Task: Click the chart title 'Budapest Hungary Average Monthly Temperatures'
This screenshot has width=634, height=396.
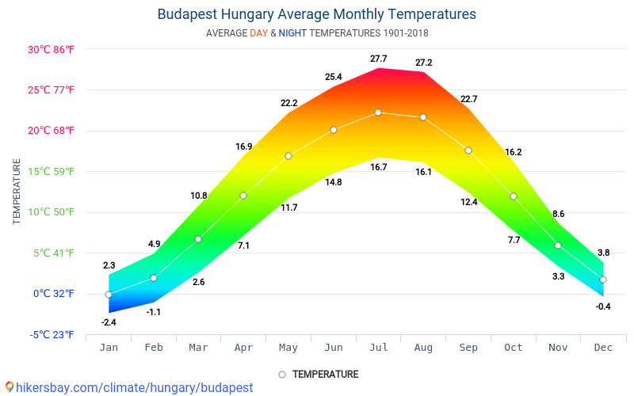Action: (x=317, y=14)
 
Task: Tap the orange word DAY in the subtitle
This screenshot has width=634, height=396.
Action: (x=258, y=33)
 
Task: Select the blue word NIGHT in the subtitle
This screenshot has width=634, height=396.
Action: (x=292, y=33)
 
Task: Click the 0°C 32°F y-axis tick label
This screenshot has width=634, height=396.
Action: (x=54, y=294)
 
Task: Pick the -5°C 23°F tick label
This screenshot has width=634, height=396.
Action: (x=52, y=334)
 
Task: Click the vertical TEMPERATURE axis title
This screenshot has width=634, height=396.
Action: (x=17, y=191)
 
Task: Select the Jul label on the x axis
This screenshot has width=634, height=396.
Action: (x=378, y=348)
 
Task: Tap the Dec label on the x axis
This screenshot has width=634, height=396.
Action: (x=603, y=348)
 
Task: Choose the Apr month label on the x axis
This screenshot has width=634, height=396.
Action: (x=243, y=348)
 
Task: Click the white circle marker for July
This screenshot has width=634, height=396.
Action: (x=378, y=112)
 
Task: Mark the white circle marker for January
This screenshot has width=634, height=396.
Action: (x=109, y=295)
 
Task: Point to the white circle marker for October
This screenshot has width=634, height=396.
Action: (x=514, y=196)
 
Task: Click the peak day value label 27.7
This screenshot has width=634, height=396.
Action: (x=378, y=59)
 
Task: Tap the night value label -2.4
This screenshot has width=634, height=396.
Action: (x=109, y=322)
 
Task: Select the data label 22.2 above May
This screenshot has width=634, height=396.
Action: (x=288, y=104)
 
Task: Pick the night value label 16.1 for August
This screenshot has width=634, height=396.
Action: (x=423, y=172)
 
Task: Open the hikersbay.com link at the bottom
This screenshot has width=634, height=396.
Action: (x=134, y=387)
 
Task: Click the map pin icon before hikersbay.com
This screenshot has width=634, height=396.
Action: (x=10, y=387)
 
